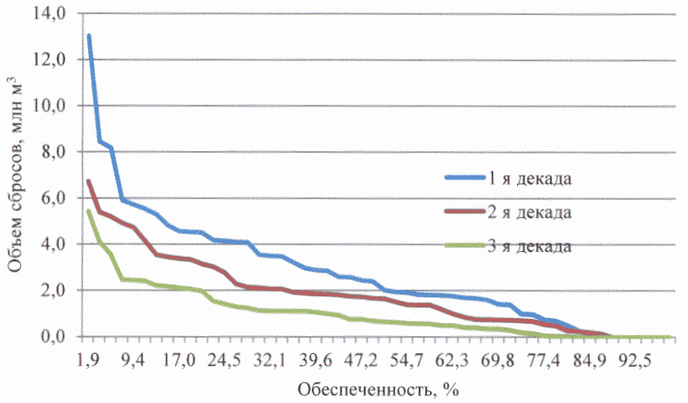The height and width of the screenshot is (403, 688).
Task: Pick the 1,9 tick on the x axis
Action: click(x=89, y=360)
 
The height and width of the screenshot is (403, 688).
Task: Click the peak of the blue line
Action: click(x=89, y=36)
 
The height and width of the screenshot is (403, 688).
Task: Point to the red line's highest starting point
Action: click(x=88, y=181)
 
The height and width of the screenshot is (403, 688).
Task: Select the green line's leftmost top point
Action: click(x=88, y=210)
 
